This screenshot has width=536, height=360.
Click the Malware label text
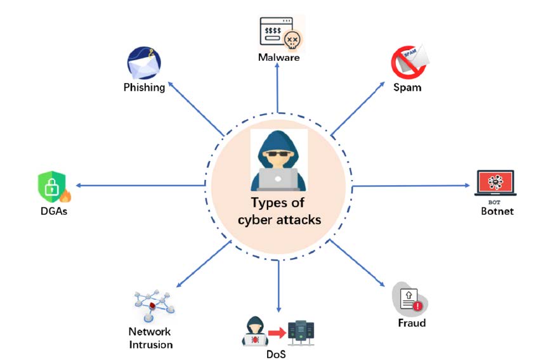pyautogui.click(x=278, y=58)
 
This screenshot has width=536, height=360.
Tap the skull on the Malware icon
pyautogui.click(x=293, y=39)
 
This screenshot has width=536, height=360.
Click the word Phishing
pyautogui.click(x=144, y=87)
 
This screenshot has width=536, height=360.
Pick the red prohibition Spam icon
pyautogui.click(x=407, y=64)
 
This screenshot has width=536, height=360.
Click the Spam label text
pyautogui.click(x=407, y=87)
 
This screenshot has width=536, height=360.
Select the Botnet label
pyautogui.click(x=497, y=211)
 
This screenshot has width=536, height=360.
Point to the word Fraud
pyautogui.click(x=412, y=323)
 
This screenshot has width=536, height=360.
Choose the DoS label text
pyautogui.click(x=277, y=354)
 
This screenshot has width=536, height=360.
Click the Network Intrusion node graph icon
pyautogui.click(x=151, y=305)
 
